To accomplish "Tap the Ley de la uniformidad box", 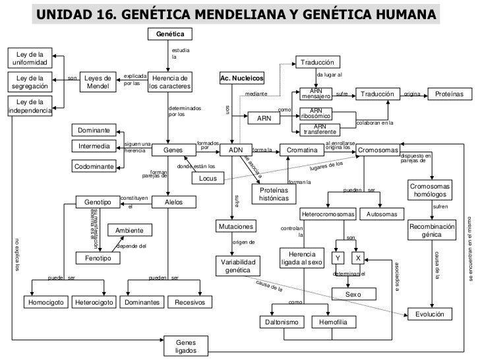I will tap(30, 57).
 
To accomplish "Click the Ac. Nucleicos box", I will tap(241, 79).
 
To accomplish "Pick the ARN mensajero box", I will tap(315, 94).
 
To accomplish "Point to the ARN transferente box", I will tap(318, 129).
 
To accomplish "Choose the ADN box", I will tap(235, 150).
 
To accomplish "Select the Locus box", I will tap(208, 179).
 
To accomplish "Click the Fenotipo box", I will tap(98, 258).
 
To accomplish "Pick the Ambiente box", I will tap(129, 230).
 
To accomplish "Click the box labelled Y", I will tap(337, 257).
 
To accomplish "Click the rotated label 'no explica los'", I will tap(17, 254).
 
